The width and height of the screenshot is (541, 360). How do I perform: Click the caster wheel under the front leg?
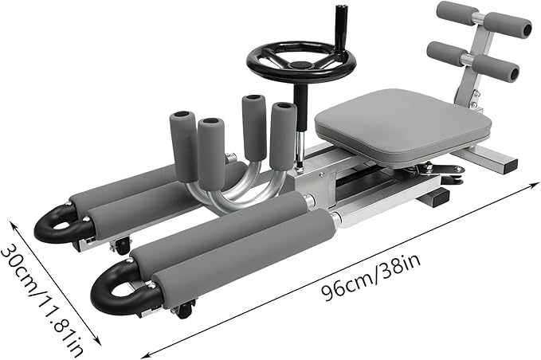(185, 310)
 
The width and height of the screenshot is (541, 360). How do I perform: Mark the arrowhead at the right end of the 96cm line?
(532, 185)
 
